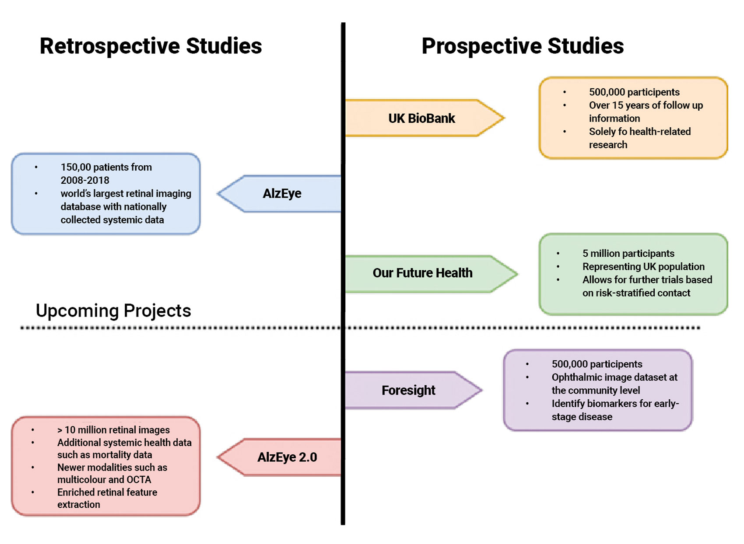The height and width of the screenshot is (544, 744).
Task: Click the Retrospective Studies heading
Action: click(151, 46)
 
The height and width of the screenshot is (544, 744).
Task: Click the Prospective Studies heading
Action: click(523, 46)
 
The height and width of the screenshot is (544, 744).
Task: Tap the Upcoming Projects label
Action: click(113, 310)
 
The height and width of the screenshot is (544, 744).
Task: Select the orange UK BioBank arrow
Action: click(422, 118)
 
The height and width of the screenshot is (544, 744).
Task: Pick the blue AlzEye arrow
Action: click(282, 193)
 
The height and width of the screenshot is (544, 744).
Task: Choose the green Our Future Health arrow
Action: click(422, 273)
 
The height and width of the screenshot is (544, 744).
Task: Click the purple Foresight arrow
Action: click(408, 390)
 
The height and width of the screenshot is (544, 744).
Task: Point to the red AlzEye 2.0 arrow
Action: click(287, 457)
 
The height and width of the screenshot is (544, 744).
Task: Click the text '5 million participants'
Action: click(628, 254)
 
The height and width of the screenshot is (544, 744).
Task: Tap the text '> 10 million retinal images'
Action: click(113, 430)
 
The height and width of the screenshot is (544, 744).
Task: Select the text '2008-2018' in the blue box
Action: click(85, 180)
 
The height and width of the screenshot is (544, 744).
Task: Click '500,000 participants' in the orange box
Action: click(634, 92)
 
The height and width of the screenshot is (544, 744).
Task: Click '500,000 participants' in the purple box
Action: click(597, 364)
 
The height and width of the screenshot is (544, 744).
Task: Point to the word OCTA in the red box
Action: click(139, 480)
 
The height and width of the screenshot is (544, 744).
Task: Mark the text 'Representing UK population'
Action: click(643, 267)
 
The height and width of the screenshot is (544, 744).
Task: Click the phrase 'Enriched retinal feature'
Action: click(107, 492)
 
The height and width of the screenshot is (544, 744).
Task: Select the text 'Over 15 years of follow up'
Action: click(646, 105)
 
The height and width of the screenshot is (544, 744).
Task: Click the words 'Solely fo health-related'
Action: click(639, 131)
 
